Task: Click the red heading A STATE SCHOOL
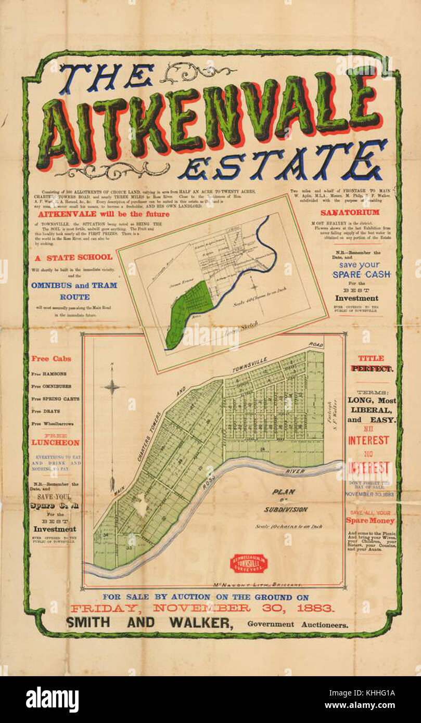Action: coord(73,257)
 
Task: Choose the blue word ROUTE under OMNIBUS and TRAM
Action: coord(74,297)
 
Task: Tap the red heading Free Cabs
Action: coord(51,358)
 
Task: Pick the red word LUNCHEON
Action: coord(55,443)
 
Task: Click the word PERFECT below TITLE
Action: coord(372,368)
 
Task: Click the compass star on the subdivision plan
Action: coord(113,386)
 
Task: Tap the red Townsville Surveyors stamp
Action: coord(249,563)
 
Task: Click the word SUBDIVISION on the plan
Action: coord(285,509)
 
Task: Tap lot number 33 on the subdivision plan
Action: coord(129,547)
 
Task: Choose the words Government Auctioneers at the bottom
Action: coord(298,625)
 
